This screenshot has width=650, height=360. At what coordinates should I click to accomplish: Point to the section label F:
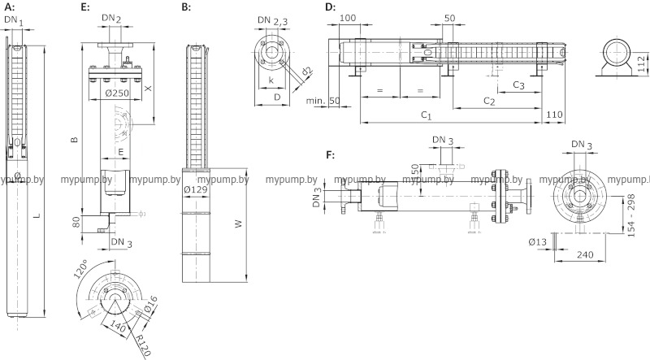(330, 154)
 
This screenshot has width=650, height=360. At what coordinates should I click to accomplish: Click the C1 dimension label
(426, 117)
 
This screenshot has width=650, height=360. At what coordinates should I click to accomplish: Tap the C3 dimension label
(518, 85)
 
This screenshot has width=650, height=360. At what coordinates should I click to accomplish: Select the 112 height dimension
(640, 63)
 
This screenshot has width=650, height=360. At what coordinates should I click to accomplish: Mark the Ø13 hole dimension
(537, 241)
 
